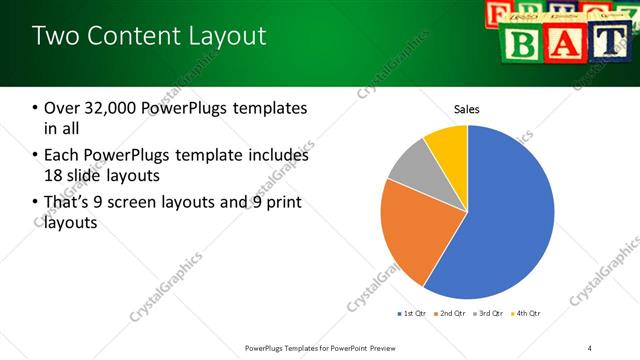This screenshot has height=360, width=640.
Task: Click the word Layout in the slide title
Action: [221, 37]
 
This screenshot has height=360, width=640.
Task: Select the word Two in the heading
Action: [57, 37]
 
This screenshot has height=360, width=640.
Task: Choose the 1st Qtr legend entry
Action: [413, 314]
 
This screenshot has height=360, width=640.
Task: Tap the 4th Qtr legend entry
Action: [527, 314]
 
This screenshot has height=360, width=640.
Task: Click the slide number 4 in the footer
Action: [589, 347]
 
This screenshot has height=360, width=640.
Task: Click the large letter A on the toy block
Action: [567, 43]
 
